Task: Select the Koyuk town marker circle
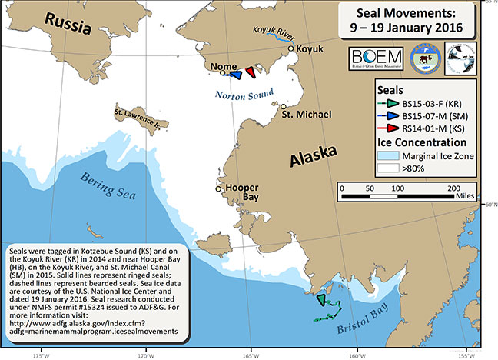[290, 48]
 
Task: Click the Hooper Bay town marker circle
[218, 188]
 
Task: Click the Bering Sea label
[106, 182]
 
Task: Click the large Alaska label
[314, 158]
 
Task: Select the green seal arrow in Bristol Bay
[321, 301]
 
